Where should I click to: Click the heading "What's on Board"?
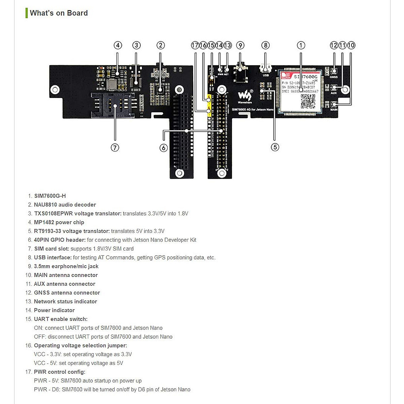pos(59,13)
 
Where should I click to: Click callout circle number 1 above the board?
pos(301,45)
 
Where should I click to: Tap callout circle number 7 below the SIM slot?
pos(115,147)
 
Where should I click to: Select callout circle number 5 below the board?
pos(275,147)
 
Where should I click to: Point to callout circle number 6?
pos(164,148)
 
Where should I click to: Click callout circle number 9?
pos(240,45)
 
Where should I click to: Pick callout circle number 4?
pos(118,45)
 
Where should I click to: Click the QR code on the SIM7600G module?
pos(307,101)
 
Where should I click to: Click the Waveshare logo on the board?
pos(245,96)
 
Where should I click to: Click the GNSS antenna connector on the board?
pos(334,71)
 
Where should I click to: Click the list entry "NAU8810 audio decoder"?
pos(65,205)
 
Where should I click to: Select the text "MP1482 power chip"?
pos(59,222)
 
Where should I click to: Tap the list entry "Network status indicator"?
pos(65,302)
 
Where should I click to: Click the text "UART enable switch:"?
pos(61,319)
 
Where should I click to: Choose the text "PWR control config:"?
pos(60,372)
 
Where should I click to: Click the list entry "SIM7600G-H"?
pos(50,196)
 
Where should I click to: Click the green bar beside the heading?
pos(27,13)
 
